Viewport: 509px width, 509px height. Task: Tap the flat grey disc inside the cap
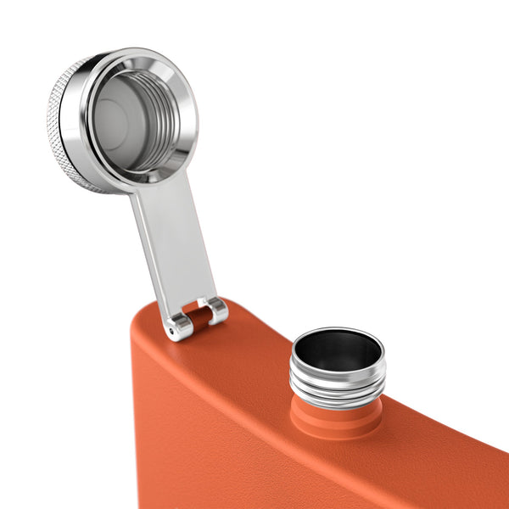(119, 119)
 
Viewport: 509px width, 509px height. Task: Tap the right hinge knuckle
(218, 310)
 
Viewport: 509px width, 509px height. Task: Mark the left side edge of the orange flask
(136, 407)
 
